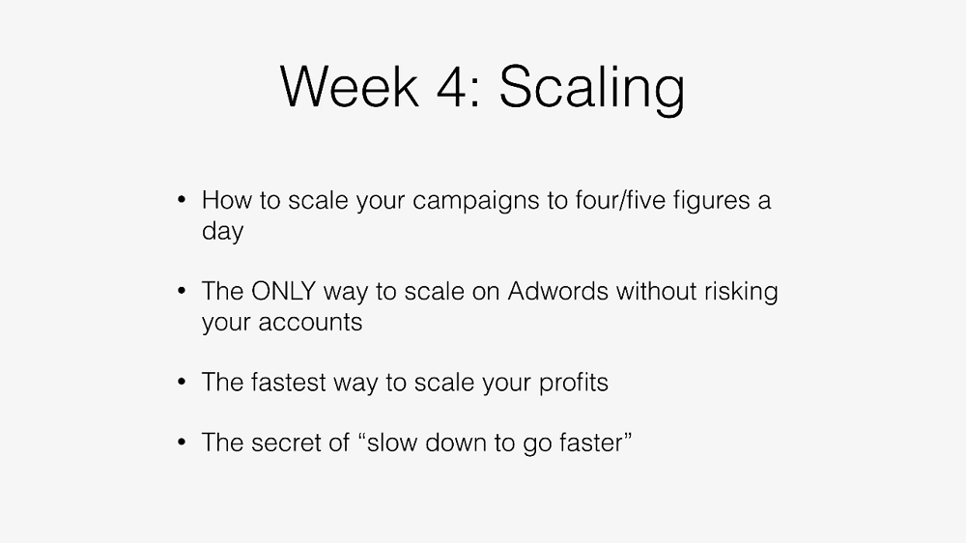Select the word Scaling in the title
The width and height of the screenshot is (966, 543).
coord(591,90)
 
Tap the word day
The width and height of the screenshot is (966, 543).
coord(222,232)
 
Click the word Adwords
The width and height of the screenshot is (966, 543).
coord(557,292)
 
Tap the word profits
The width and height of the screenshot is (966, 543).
coord(574,385)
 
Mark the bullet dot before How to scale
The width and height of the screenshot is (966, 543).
coord(182,200)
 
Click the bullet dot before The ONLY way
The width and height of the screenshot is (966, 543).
coord(182,291)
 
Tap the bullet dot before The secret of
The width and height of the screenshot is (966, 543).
coord(182,443)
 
